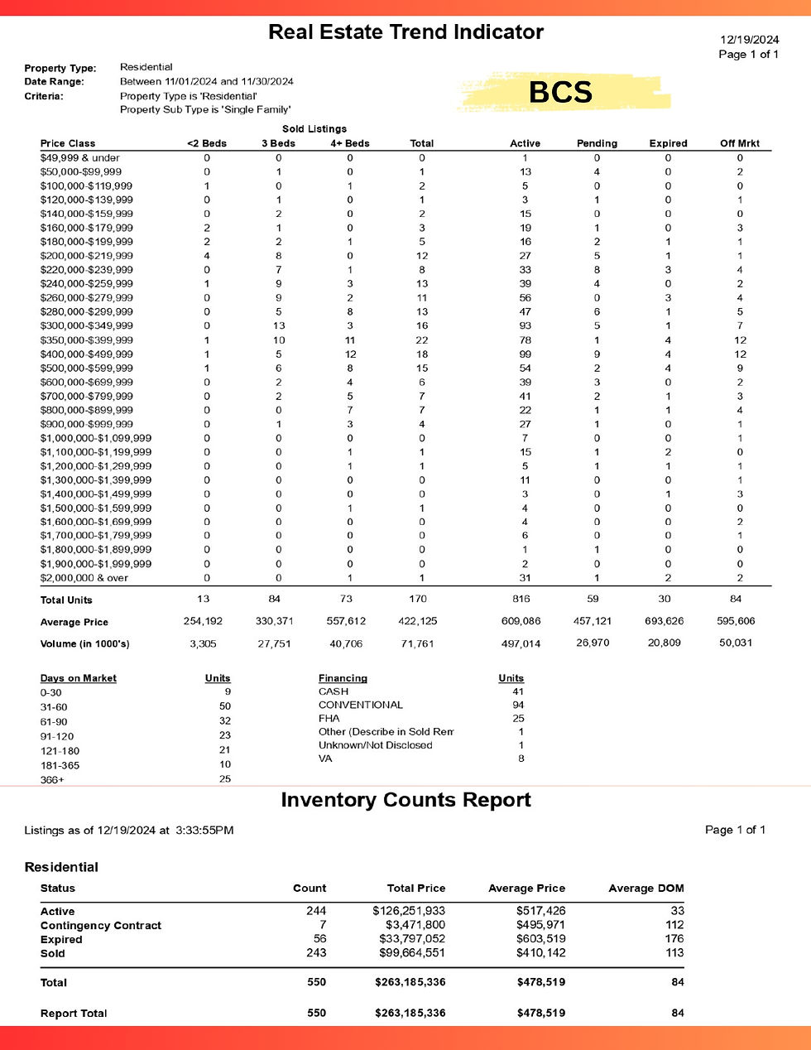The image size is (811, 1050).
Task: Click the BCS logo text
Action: click(x=560, y=92)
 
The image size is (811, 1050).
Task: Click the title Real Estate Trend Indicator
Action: click(x=405, y=32)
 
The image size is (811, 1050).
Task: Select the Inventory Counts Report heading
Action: click(x=405, y=800)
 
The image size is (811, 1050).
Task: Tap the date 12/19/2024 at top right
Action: click(x=750, y=39)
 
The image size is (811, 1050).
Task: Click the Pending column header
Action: click(x=597, y=143)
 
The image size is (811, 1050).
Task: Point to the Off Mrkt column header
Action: click(x=739, y=143)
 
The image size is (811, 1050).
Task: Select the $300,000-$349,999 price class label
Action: click(x=86, y=325)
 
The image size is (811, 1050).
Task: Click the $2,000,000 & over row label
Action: click(x=84, y=578)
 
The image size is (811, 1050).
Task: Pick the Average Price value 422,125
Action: click(x=417, y=621)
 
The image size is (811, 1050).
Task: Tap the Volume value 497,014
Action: click(x=521, y=643)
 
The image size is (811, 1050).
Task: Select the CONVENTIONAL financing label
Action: click(x=360, y=705)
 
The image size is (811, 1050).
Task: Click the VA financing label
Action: click(x=325, y=759)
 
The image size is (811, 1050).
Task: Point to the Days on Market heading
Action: click(x=78, y=678)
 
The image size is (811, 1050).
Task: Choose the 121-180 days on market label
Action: click(x=60, y=751)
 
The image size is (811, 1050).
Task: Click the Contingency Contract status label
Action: click(x=100, y=926)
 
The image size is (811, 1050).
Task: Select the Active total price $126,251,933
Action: click(x=408, y=911)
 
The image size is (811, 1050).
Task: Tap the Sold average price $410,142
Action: click(x=540, y=953)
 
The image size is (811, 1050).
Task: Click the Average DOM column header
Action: click(x=645, y=889)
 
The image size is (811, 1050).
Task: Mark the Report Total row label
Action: click(x=74, y=1014)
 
